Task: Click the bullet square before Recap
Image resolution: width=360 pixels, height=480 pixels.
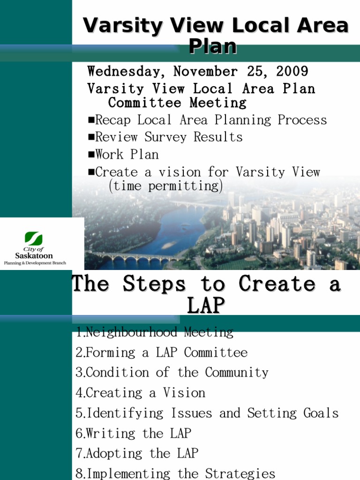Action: (x=91, y=120)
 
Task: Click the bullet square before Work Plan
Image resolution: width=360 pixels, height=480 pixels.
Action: (x=91, y=155)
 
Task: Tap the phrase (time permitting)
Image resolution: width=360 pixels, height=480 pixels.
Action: (x=165, y=186)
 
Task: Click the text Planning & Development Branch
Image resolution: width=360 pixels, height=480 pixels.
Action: (x=35, y=263)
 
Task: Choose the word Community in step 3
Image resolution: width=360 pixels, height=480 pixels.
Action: (x=237, y=373)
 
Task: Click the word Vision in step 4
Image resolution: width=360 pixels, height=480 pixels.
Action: (x=184, y=393)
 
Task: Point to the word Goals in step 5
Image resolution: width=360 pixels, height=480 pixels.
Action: (x=321, y=413)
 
